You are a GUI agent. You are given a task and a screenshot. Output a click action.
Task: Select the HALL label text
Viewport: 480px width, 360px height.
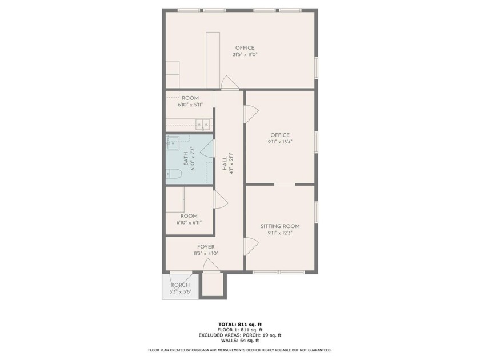click(225, 164)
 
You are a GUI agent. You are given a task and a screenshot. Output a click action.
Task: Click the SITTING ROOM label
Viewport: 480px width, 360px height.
click(283, 226)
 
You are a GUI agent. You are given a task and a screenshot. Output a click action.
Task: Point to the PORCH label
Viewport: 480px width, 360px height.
click(180, 285)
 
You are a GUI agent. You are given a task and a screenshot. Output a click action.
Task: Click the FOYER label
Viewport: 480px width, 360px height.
click(206, 247)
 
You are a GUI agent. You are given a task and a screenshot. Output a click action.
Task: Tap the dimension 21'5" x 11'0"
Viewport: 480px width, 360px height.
click(245, 55)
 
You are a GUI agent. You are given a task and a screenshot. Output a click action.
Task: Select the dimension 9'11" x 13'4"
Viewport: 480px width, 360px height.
click(280, 142)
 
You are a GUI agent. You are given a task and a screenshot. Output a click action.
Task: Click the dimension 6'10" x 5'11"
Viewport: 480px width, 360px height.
click(190, 105)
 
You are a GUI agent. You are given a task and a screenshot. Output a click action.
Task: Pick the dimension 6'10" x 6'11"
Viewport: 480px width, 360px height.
click(189, 223)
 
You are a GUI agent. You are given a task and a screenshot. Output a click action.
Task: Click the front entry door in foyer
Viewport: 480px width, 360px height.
click(211, 266)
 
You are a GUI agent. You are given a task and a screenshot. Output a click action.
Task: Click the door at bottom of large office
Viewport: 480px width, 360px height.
click(229, 83)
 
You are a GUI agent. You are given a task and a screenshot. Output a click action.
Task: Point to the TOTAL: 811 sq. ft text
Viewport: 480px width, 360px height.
click(239, 324)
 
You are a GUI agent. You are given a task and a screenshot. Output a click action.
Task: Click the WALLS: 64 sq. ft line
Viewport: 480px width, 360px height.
click(239, 341)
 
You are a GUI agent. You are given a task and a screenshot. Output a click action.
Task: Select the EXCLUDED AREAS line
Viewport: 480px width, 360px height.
click(239, 335)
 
